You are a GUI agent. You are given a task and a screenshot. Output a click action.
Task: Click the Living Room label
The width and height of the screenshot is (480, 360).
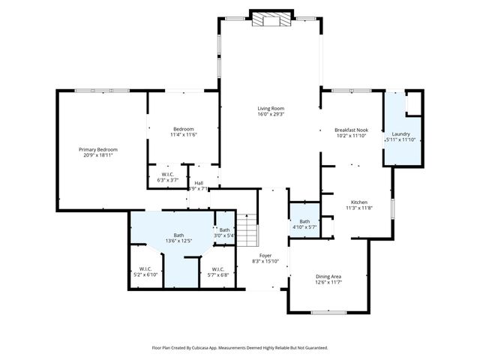tap(271, 108)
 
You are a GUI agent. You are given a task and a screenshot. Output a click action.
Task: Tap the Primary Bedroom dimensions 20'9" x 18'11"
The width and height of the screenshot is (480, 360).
tap(99, 156)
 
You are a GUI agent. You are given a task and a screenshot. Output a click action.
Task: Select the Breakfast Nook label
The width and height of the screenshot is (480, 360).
tap(351, 130)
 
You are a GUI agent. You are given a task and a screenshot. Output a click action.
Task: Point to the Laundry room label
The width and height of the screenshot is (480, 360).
tap(400, 133)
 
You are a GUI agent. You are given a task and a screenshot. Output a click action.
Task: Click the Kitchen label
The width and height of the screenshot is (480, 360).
tap(359, 202)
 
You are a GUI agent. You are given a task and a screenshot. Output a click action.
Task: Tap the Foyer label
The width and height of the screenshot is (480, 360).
tap(265, 255)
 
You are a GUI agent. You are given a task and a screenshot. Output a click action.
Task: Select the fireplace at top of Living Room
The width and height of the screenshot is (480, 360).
tap(270, 19)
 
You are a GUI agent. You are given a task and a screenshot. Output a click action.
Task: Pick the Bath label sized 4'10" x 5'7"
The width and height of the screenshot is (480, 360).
tap(304, 221)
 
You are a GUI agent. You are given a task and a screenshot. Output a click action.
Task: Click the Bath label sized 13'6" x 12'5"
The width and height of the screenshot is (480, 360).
tap(178, 235)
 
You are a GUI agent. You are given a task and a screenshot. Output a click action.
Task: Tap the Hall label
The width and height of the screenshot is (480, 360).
tap(199, 182)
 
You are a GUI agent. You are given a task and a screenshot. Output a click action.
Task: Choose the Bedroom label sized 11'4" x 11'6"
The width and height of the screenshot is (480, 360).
tap(184, 129)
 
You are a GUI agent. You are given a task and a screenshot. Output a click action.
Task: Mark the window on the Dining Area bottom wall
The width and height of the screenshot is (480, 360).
tap(328, 312)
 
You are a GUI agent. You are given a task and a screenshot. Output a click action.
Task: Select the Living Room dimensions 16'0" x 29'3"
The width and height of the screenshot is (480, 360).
tap(271, 115)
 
